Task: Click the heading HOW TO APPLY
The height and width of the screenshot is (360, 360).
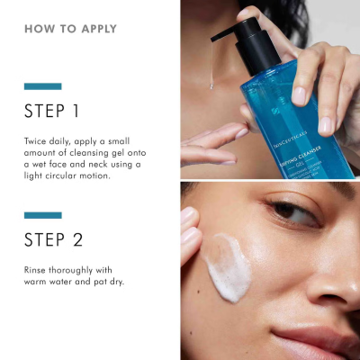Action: click(x=70, y=29)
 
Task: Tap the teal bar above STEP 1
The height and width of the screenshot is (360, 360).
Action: click(x=42, y=86)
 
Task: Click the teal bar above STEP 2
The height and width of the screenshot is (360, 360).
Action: click(x=42, y=215)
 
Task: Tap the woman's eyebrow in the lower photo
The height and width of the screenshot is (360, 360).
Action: click(x=288, y=192)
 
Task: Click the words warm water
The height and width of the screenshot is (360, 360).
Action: click(x=49, y=282)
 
